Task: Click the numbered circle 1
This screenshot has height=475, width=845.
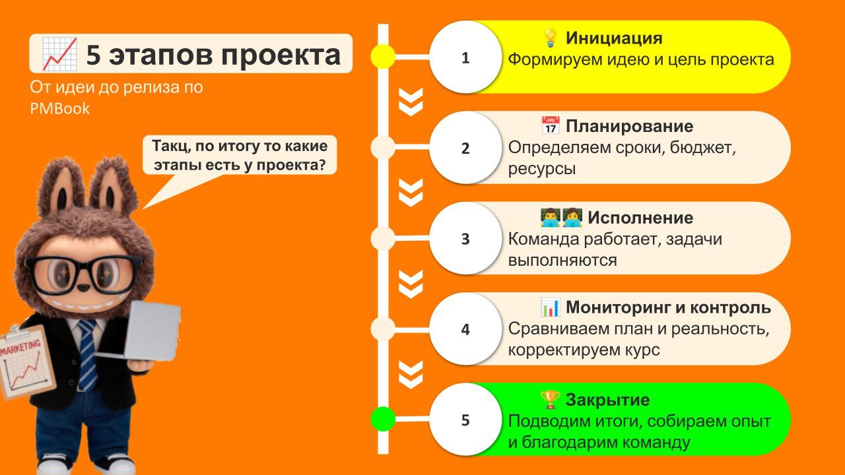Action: [x=465, y=57]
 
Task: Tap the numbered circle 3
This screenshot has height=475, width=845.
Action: [x=465, y=238]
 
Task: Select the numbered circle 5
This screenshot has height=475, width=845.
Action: [x=465, y=419]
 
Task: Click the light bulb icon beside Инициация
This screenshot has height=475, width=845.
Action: [x=551, y=37]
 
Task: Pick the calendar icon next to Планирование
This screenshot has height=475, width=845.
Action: [x=551, y=125]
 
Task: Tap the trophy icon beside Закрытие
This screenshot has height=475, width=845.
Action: [x=551, y=399]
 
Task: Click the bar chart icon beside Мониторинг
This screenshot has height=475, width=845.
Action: [x=551, y=307]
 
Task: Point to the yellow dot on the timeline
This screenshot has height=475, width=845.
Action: [x=383, y=57]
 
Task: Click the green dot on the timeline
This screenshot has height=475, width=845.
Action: [x=383, y=419]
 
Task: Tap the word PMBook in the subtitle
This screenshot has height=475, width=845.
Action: [x=59, y=109]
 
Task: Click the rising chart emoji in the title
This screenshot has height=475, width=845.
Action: [x=60, y=54]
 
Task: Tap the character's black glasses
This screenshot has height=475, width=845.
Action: [x=83, y=270]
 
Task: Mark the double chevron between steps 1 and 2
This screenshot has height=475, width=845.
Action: [x=411, y=102]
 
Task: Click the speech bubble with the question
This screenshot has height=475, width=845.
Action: [x=240, y=155]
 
